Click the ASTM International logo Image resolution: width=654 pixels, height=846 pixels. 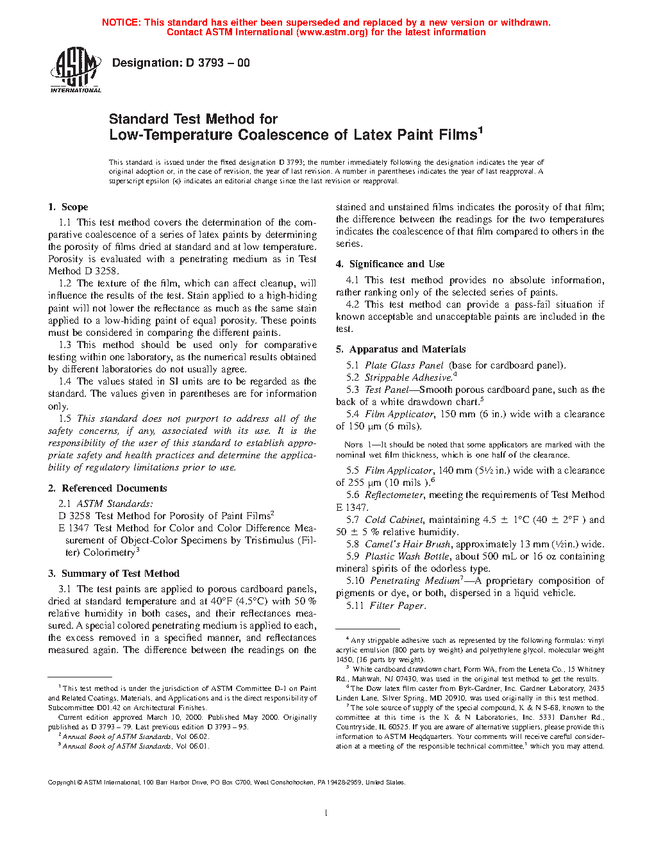point(75,70)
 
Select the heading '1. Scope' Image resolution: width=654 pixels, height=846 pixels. point(68,207)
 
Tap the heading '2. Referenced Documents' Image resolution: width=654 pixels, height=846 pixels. point(108,488)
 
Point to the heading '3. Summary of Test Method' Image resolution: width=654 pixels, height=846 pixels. point(113,574)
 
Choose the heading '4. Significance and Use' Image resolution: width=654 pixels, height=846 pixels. point(390,264)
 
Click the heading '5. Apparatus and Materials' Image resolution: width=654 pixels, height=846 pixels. point(401,349)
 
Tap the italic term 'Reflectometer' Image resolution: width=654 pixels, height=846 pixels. point(394,495)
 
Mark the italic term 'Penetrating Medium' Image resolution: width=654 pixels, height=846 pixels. point(415,581)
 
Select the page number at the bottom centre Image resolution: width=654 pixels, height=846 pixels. point(326,813)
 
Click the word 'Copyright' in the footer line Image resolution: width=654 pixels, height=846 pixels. point(62,782)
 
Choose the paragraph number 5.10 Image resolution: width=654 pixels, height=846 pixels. point(355,581)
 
